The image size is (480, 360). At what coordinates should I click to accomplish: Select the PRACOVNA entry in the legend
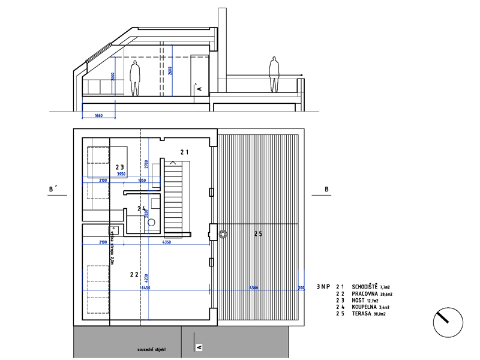(x=365, y=294)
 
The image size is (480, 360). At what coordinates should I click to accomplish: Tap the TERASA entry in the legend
(x=365, y=313)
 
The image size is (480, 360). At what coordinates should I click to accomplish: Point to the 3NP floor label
(x=323, y=287)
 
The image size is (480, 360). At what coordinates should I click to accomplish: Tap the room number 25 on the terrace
(x=258, y=233)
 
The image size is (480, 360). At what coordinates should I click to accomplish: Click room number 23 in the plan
(x=120, y=167)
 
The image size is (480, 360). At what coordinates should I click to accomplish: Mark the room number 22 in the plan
(x=134, y=274)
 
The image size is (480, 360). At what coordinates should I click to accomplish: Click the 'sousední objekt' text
(x=151, y=349)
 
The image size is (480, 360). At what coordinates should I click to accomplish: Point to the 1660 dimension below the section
(x=98, y=115)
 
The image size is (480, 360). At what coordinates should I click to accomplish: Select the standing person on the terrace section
(x=274, y=74)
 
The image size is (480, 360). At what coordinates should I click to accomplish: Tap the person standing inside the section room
(x=135, y=77)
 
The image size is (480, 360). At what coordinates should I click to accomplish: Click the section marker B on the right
(x=326, y=190)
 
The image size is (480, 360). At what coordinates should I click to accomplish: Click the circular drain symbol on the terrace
(x=224, y=234)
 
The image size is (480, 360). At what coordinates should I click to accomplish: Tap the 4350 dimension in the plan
(x=167, y=242)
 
